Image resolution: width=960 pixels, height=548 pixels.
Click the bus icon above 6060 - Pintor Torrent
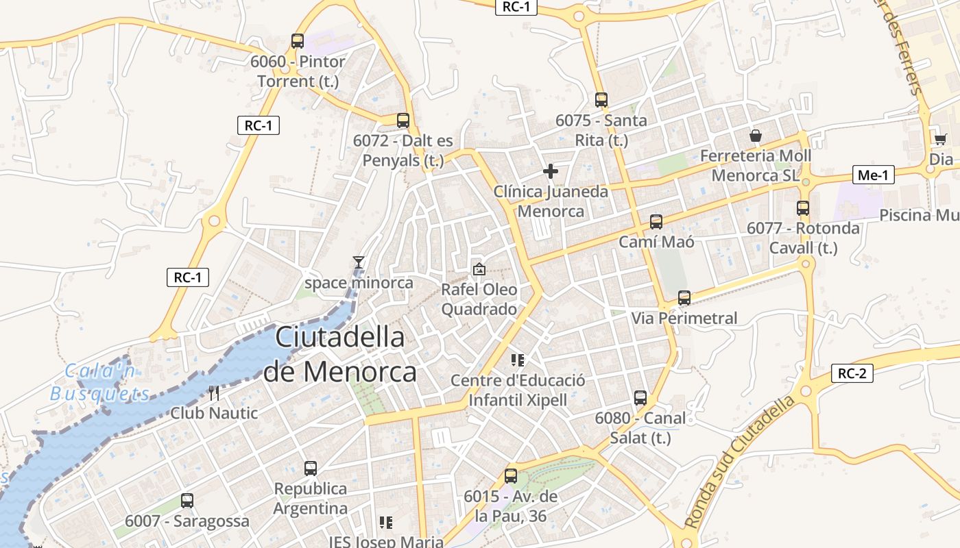click(297, 41)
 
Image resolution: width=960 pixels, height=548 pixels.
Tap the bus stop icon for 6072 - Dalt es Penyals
click(403, 121)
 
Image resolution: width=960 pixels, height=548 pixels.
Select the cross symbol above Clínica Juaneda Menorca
click(550, 171)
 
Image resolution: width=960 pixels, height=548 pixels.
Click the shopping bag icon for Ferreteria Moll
click(756, 136)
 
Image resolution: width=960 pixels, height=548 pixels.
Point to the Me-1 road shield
click(873, 175)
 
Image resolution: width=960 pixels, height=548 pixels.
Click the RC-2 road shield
click(852, 373)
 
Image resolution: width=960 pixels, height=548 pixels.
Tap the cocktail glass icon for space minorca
click(358, 262)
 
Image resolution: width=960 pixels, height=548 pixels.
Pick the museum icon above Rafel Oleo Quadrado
click(479, 270)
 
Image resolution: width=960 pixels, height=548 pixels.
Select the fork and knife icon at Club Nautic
click(214, 393)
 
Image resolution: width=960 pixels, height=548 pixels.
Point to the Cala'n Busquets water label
click(100, 382)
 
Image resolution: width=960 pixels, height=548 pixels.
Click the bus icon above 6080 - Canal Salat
click(640, 398)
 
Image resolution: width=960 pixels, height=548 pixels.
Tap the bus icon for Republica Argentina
click(311, 469)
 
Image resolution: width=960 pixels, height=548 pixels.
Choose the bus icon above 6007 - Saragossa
click(187, 501)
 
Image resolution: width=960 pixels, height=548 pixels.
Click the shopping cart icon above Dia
click(940, 139)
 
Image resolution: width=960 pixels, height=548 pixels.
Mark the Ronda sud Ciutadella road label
click(740, 462)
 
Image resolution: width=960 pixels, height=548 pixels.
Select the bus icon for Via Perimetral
click(684, 298)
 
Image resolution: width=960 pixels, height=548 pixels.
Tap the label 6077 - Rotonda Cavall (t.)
click(803, 238)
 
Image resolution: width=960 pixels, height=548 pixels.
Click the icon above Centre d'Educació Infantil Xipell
click(518, 360)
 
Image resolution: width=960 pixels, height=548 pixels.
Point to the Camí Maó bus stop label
click(656, 242)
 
